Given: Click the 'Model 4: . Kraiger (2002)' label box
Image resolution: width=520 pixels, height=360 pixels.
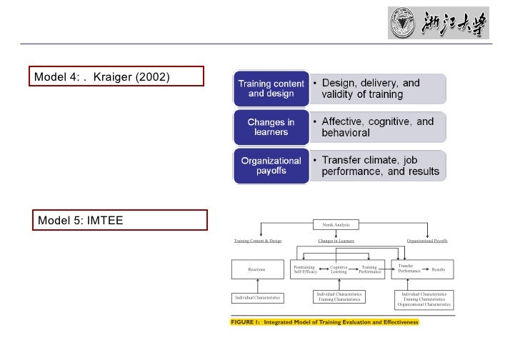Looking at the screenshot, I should click(x=116, y=76).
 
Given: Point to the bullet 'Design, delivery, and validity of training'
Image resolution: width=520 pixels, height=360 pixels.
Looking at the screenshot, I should click(x=375, y=89).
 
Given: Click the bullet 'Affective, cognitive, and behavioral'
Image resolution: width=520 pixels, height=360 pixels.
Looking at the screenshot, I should click(x=375, y=127).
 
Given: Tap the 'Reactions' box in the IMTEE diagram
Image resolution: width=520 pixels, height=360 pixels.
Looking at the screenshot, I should click(x=256, y=269).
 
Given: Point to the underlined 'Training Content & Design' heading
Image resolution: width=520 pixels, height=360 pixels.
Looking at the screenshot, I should click(x=258, y=241).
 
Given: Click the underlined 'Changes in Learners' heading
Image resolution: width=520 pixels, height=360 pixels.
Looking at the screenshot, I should click(x=336, y=241).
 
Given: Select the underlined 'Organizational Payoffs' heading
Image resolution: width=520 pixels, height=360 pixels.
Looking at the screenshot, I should click(x=427, y=241).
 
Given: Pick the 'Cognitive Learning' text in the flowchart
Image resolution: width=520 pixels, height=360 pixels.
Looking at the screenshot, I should click(x=339, y=269).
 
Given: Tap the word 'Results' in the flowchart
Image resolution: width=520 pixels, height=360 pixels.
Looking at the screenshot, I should click(x=439, y=269).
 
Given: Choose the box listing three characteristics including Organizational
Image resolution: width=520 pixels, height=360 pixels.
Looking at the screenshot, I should click(x=425, y=299).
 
